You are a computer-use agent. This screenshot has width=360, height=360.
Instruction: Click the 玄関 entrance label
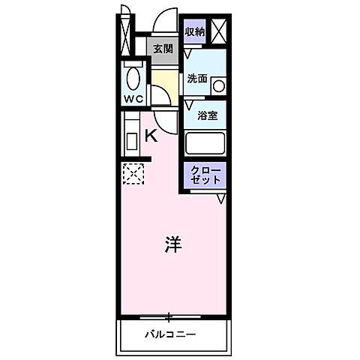[163, 49]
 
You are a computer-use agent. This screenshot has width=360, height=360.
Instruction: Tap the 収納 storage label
[196, 31]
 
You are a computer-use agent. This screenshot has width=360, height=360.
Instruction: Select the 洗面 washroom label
[197, 78]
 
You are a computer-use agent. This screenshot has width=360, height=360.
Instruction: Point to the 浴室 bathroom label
[208, 115]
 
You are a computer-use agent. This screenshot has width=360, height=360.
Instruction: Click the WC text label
[134, 98]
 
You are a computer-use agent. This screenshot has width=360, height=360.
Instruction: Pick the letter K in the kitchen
[150, 136]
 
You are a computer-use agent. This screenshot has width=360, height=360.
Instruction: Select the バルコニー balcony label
[170, 334]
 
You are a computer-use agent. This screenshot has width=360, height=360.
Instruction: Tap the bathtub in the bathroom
[206, 142]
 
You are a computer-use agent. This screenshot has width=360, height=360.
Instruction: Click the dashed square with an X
[131, 175]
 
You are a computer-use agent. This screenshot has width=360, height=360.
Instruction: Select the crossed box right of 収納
[219, 31]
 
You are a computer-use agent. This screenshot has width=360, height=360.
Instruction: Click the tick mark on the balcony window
[171, 315]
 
